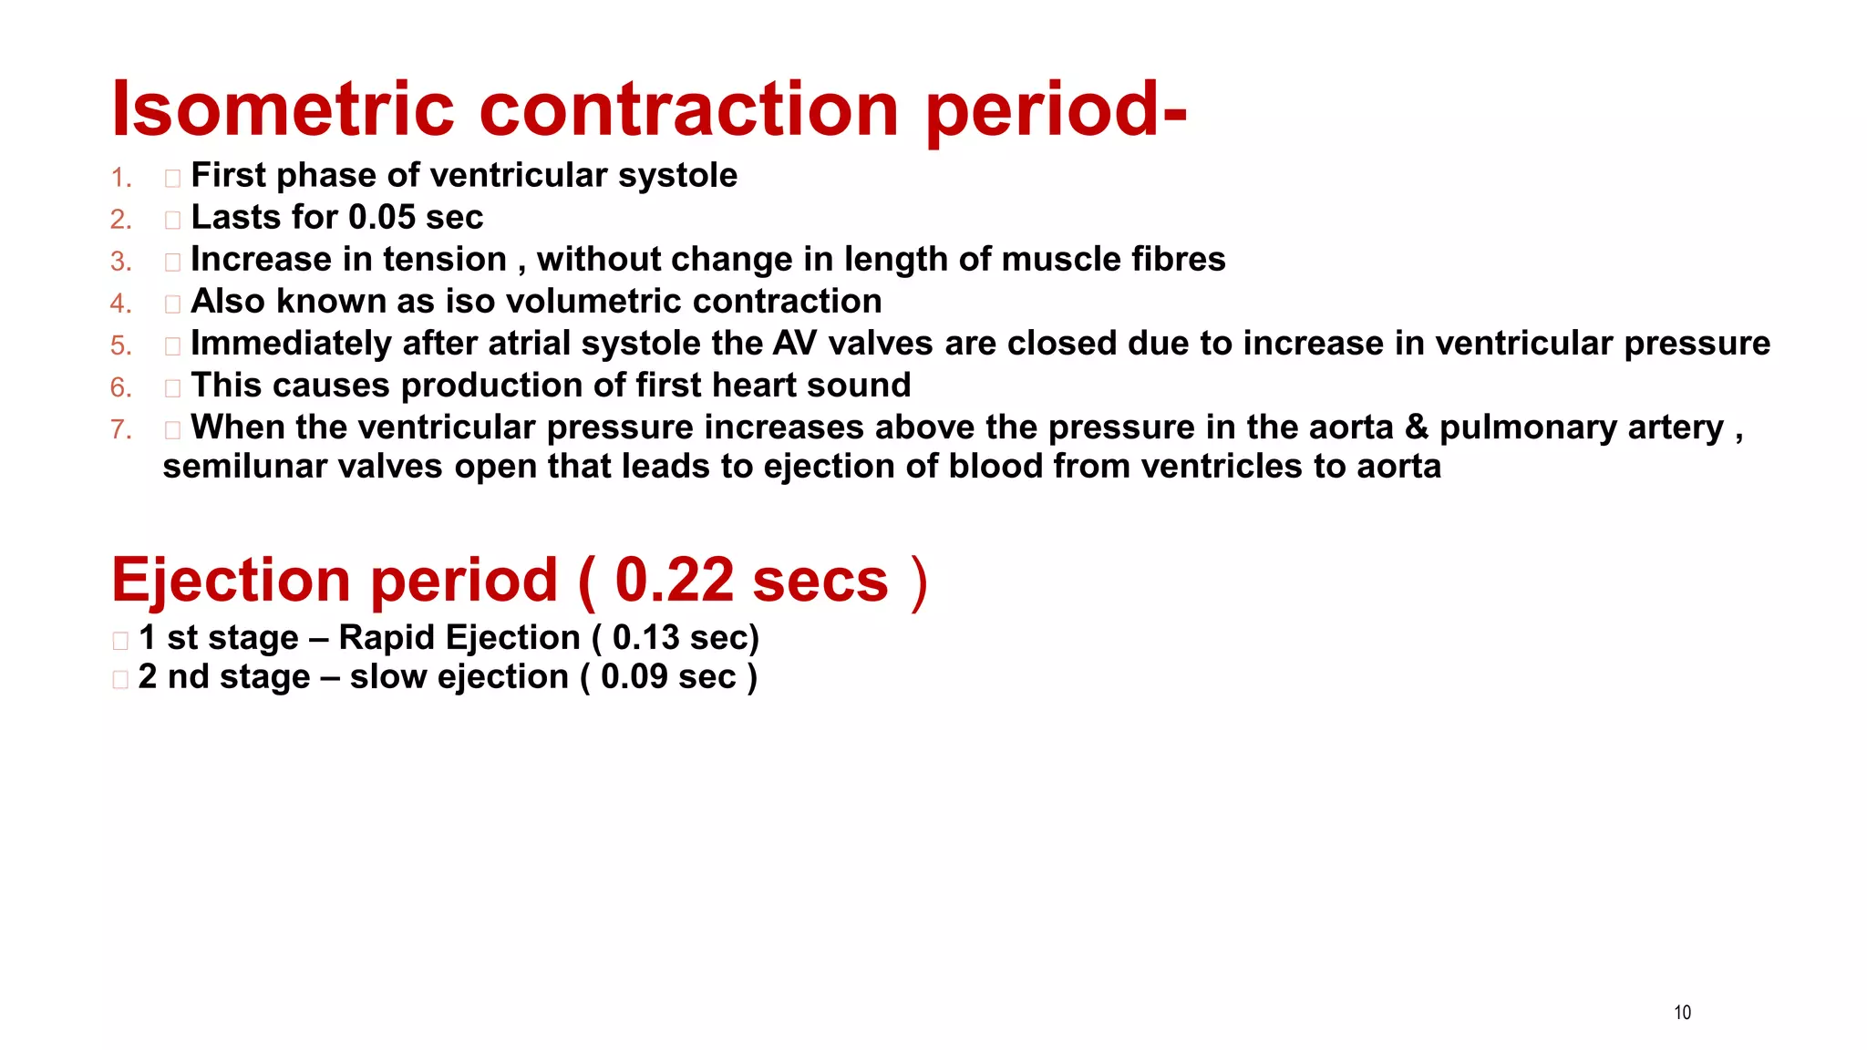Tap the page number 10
point(1682,1013)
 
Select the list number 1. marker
point(121,178)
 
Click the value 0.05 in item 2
point(382,218)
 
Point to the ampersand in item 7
point(1417,427)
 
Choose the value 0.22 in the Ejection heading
point(674,581)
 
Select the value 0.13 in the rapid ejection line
point(645,638)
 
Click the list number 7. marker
point(121,429)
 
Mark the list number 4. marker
point(121,304)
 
